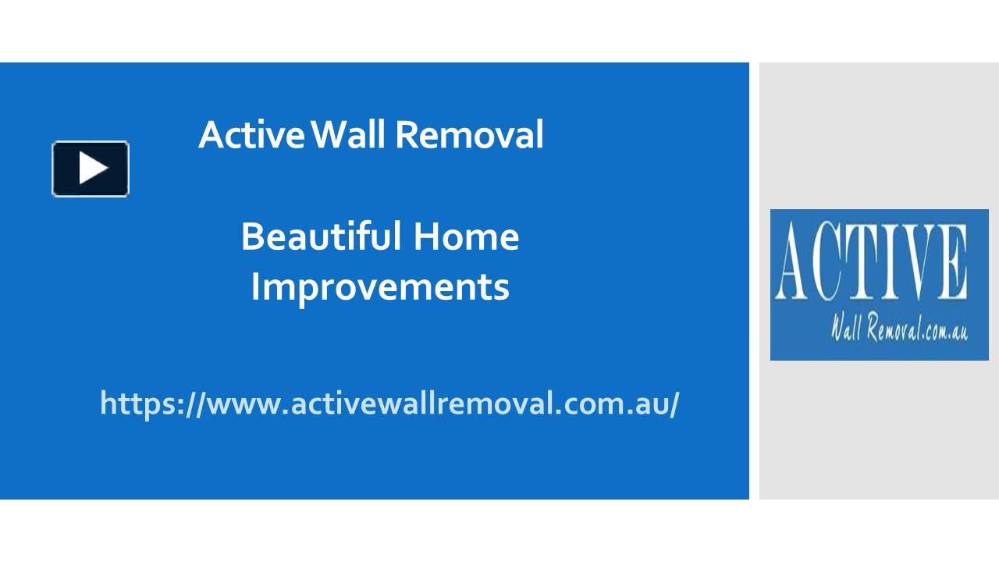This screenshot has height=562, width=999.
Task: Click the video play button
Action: (91, 169)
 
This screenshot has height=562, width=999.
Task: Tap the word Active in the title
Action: (251, 134)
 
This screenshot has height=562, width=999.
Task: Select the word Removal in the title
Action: (469, 134)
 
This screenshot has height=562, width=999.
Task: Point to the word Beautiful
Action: (321, 236)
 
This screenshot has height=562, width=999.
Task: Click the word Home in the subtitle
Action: (466, 236)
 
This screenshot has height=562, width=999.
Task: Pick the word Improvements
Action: (380, 286)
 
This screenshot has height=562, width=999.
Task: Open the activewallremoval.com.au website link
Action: (389, 404)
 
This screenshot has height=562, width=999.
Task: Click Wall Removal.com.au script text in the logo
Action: (899, 329)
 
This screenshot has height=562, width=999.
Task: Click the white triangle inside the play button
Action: (92, 169)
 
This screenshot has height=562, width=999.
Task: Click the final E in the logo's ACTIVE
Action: (954, 263)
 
